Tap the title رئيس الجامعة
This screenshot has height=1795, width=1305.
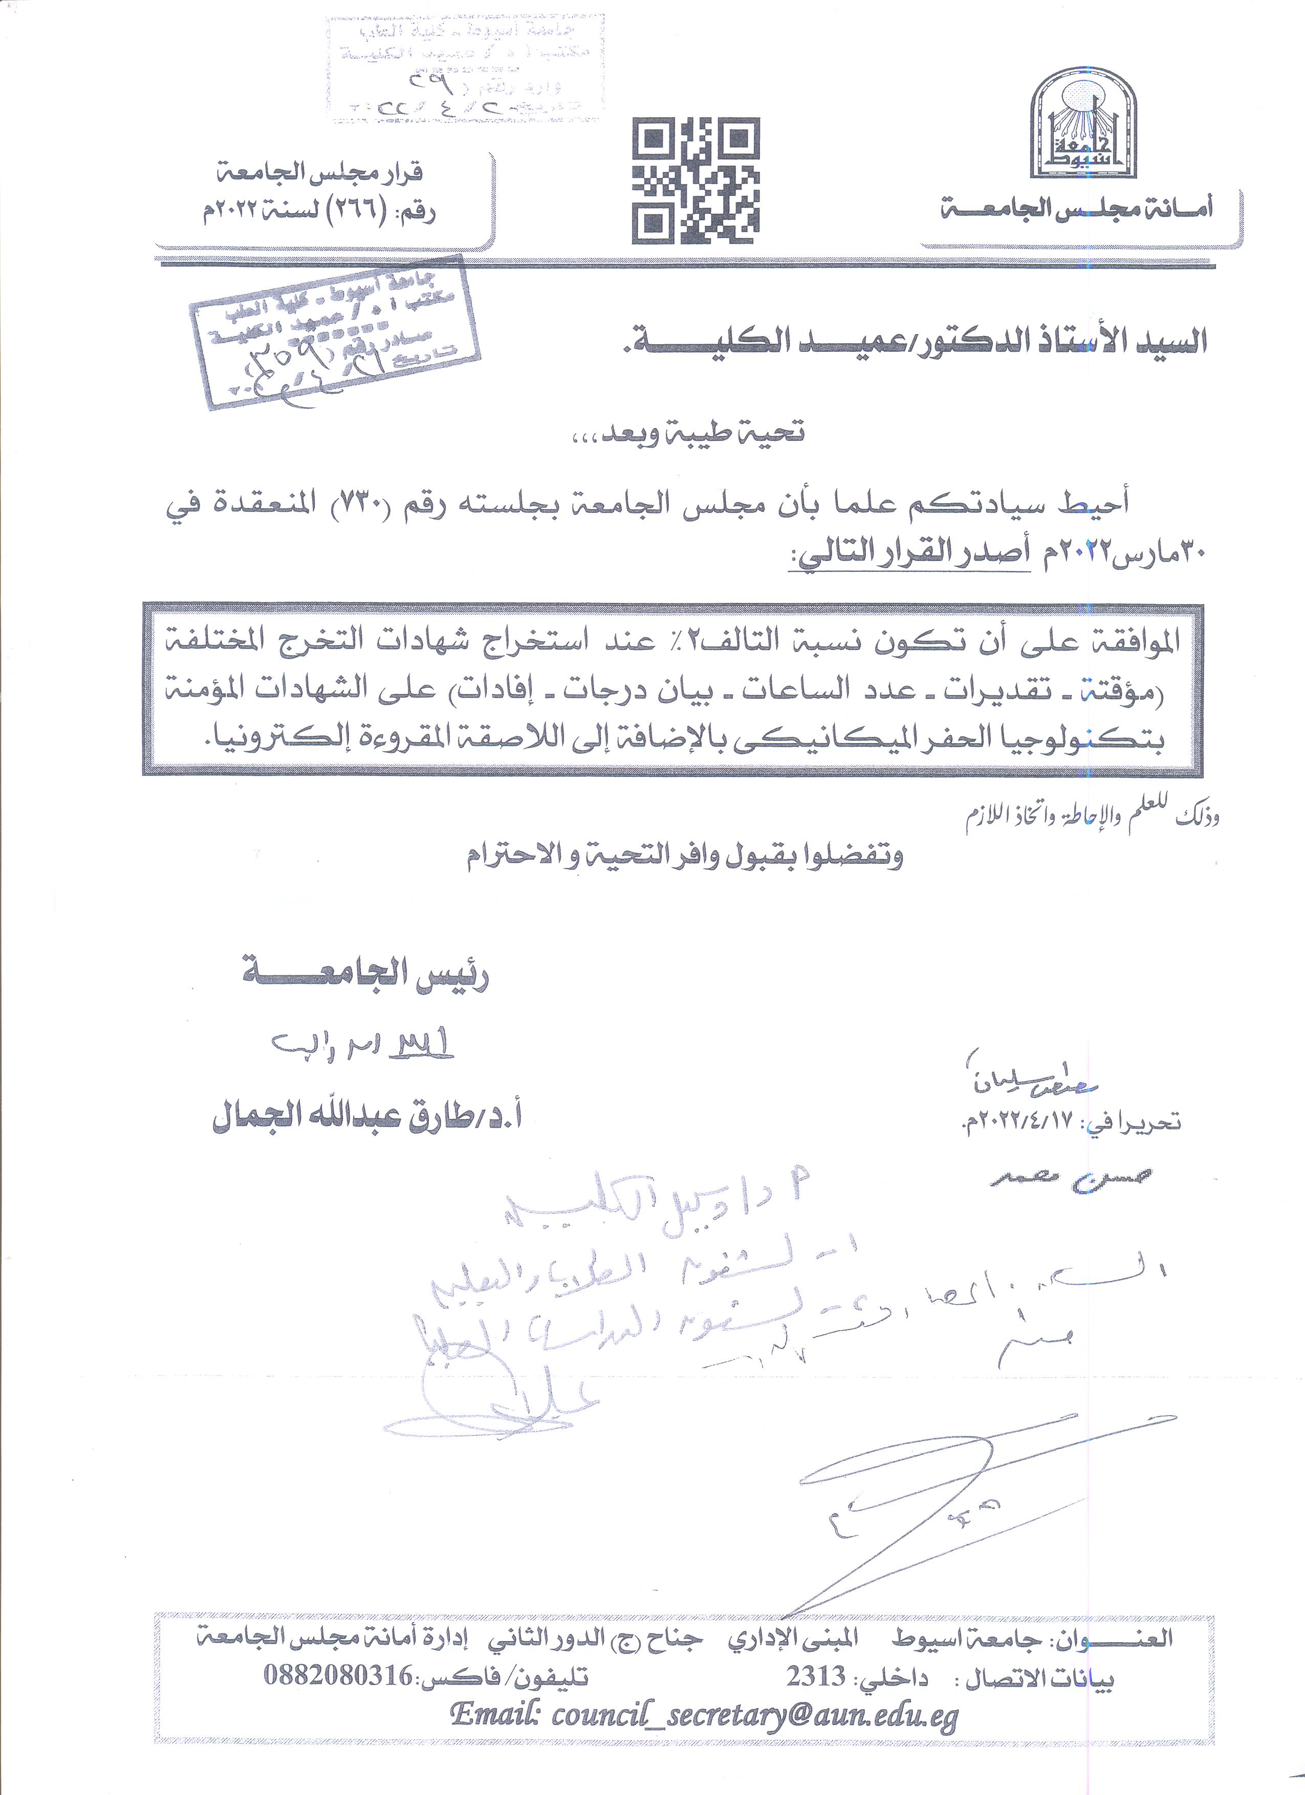(x=366, y=979)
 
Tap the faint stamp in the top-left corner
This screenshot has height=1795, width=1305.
(x=462, y=69)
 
